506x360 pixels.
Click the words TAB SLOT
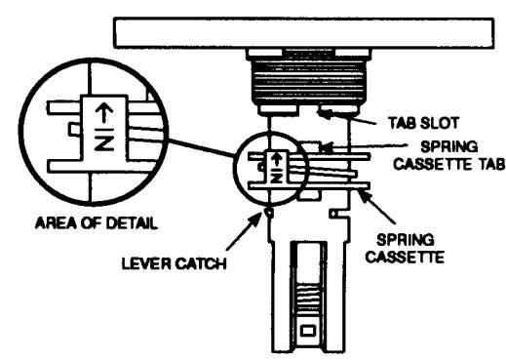click(423, 123)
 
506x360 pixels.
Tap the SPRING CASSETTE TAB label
click(449, 155)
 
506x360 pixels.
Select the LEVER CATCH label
click(174, 263)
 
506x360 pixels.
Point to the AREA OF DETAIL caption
click(97, 223)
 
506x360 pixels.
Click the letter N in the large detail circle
click(104, 143)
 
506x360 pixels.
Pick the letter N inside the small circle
click(277, 178)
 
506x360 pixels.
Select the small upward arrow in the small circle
click(277, 159)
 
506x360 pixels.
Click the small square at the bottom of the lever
click(307, 331)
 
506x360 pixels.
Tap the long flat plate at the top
click(304, 33)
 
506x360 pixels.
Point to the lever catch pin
click(269, 212)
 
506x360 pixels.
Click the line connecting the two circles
click(202, 148)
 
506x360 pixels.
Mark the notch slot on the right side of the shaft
click(338, 214)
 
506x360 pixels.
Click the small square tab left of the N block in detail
click(74, 129)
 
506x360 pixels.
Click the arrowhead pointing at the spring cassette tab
click(326, 148)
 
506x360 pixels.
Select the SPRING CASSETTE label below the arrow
click(406, 248)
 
